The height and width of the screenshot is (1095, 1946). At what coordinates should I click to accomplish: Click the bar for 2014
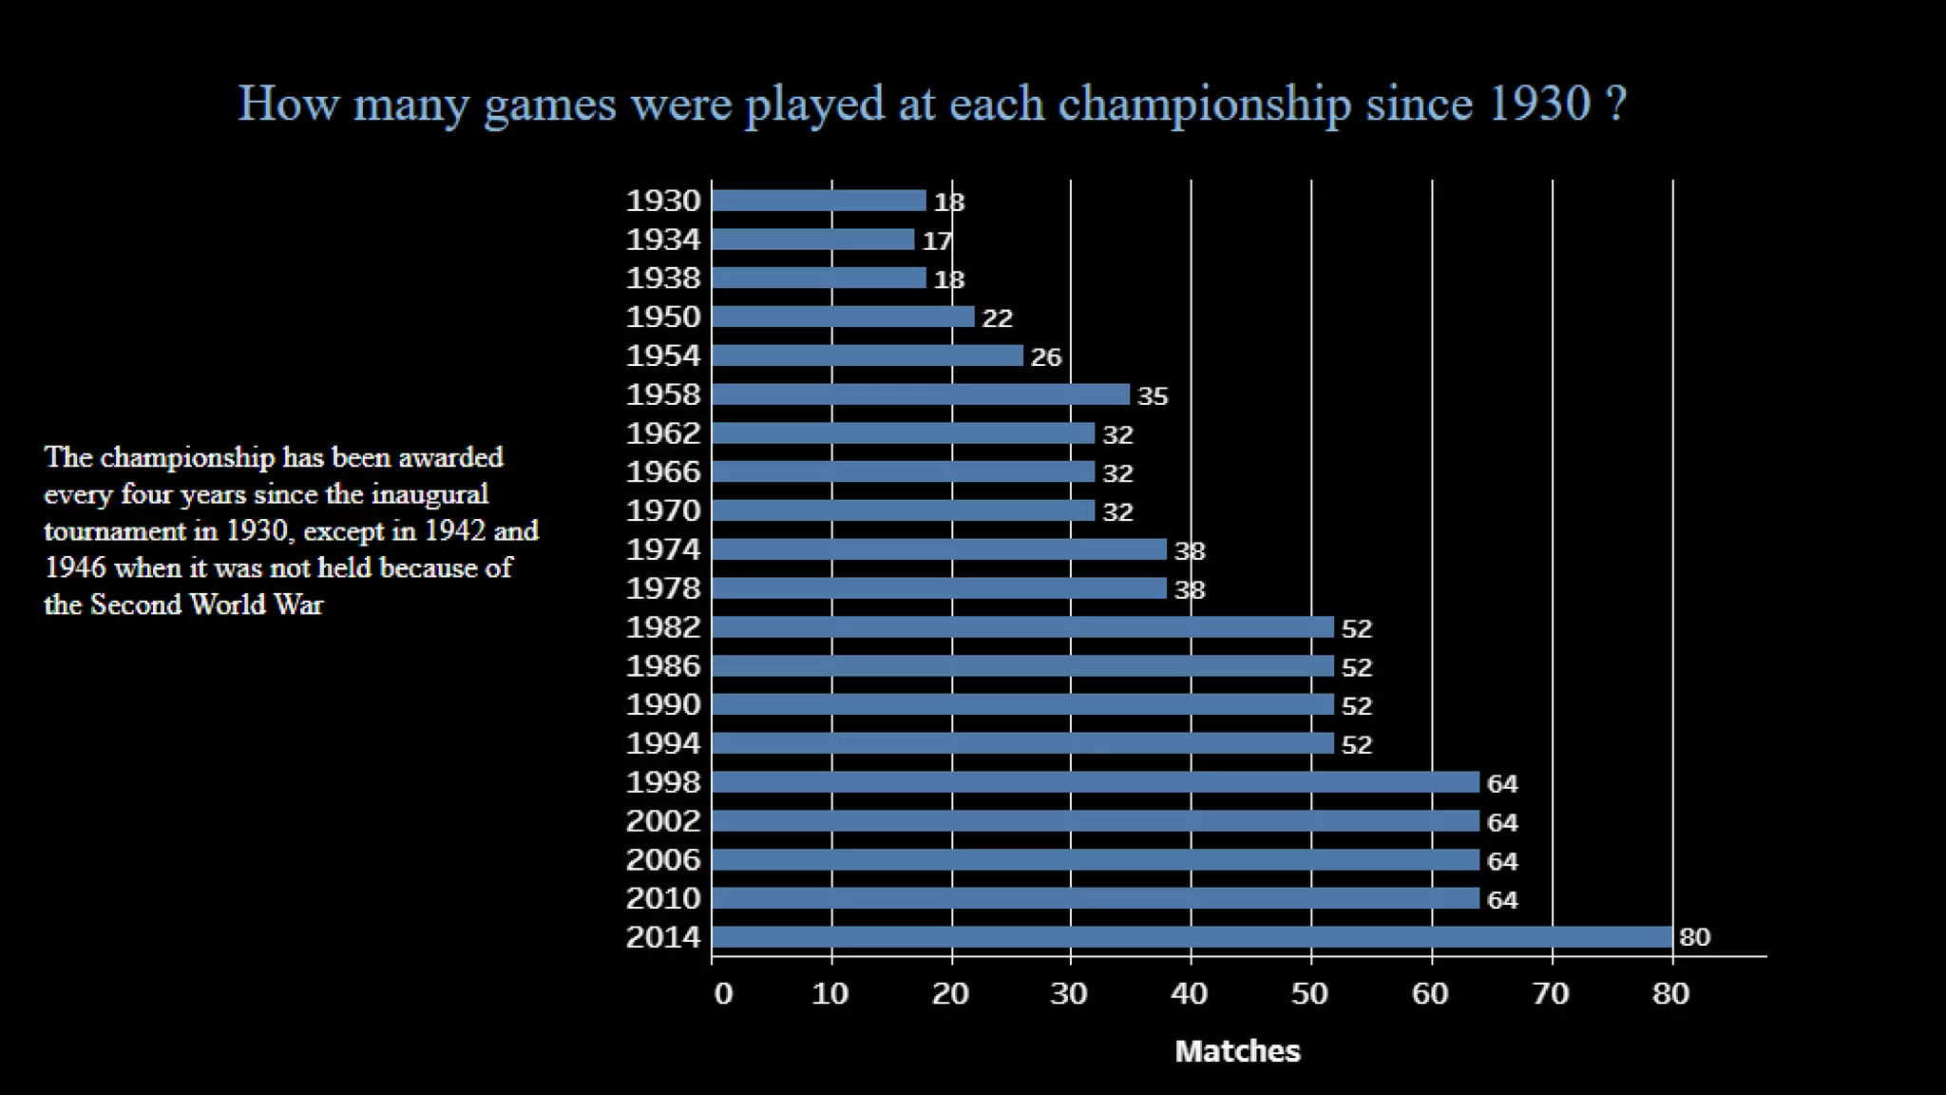[x=1192, y=937]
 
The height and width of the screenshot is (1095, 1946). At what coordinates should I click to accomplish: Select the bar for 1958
[x=921, y=394]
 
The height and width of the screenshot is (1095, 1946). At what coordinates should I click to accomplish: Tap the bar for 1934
[x=812, y=240]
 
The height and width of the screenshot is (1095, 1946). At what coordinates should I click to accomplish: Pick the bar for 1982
[x=1022, y=627]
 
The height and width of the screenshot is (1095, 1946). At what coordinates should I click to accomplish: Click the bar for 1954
[x=867, y=355]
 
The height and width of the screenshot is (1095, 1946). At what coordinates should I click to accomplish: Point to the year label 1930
[x=663, y=201]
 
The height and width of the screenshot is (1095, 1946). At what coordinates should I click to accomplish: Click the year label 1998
[x=663, y=782]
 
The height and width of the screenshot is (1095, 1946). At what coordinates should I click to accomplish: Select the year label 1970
[x=663, y=511]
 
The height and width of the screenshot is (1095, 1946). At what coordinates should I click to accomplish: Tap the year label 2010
[x=663, y=898]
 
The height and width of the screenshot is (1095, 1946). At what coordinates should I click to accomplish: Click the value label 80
[x=1694, y=937]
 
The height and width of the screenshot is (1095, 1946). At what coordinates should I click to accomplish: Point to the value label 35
[x=1153, y=395]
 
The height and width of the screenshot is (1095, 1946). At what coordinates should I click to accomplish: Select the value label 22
[x=997, y=317]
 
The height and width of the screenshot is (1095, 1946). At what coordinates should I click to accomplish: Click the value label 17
[x=937, y=240]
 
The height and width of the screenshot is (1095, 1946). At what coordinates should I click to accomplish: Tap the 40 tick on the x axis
[x=1190, y=993]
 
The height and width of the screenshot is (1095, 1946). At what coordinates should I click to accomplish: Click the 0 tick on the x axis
[x=723, y=993]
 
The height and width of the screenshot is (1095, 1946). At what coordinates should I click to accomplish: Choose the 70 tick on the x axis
[x=1551, y=993]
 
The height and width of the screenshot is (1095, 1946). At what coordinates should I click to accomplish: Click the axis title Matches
[x=1237, y=1050]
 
